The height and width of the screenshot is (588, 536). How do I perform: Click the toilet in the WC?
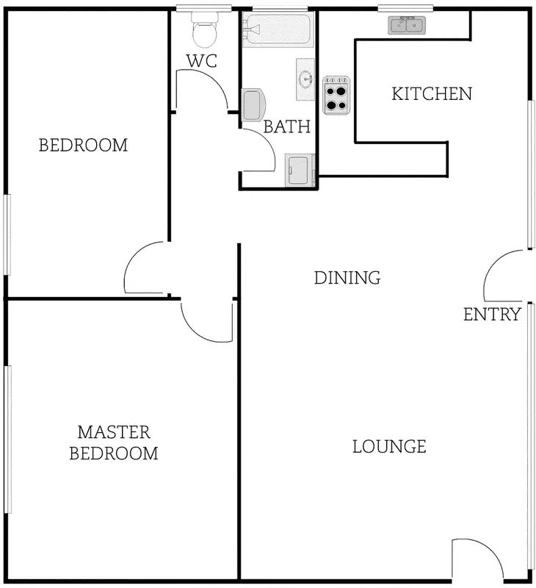203,31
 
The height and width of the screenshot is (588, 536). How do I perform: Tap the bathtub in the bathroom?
278,29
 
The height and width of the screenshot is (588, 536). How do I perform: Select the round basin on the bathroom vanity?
305,79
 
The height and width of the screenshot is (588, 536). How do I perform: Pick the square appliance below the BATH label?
300,171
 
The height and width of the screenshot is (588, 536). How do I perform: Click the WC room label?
202,61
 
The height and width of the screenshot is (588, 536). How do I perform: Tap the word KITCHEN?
431,94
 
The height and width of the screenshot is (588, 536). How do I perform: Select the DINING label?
347,278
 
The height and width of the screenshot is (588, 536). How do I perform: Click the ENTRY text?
492,315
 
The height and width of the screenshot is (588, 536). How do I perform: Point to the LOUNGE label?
389,446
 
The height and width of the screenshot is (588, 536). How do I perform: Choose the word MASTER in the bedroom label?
114,431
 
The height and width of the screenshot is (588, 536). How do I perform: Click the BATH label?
287,127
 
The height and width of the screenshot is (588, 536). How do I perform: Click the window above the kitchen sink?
405,8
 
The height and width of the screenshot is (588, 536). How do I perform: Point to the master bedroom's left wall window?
8,440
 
